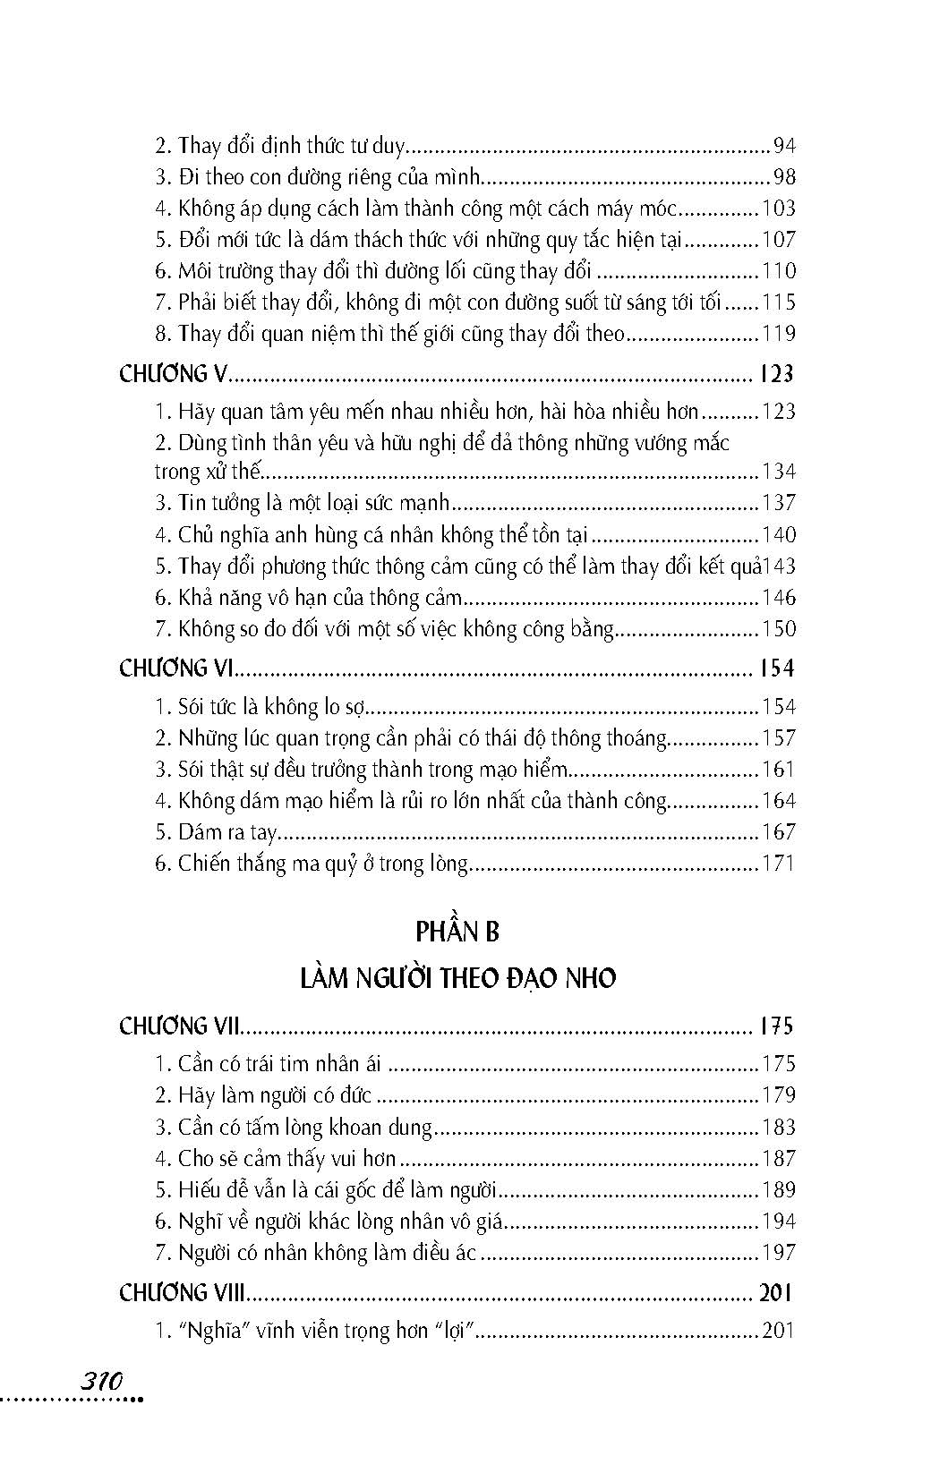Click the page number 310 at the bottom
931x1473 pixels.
100,1380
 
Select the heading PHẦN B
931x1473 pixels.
457,932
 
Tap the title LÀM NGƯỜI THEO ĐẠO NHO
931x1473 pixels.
457,978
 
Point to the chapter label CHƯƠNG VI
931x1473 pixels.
177,668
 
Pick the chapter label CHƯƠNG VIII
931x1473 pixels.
184,1292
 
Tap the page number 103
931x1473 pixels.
778,209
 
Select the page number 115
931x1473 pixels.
778,302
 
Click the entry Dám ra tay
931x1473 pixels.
215,832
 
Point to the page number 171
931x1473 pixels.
778,864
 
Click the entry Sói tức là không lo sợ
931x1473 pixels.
261,707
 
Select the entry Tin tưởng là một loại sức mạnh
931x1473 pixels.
302,503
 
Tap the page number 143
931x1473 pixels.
779,566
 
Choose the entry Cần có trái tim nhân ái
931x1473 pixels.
269,1064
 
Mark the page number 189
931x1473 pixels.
778,1190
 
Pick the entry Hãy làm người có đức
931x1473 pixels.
263,1095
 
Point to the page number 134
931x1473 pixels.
778,472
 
